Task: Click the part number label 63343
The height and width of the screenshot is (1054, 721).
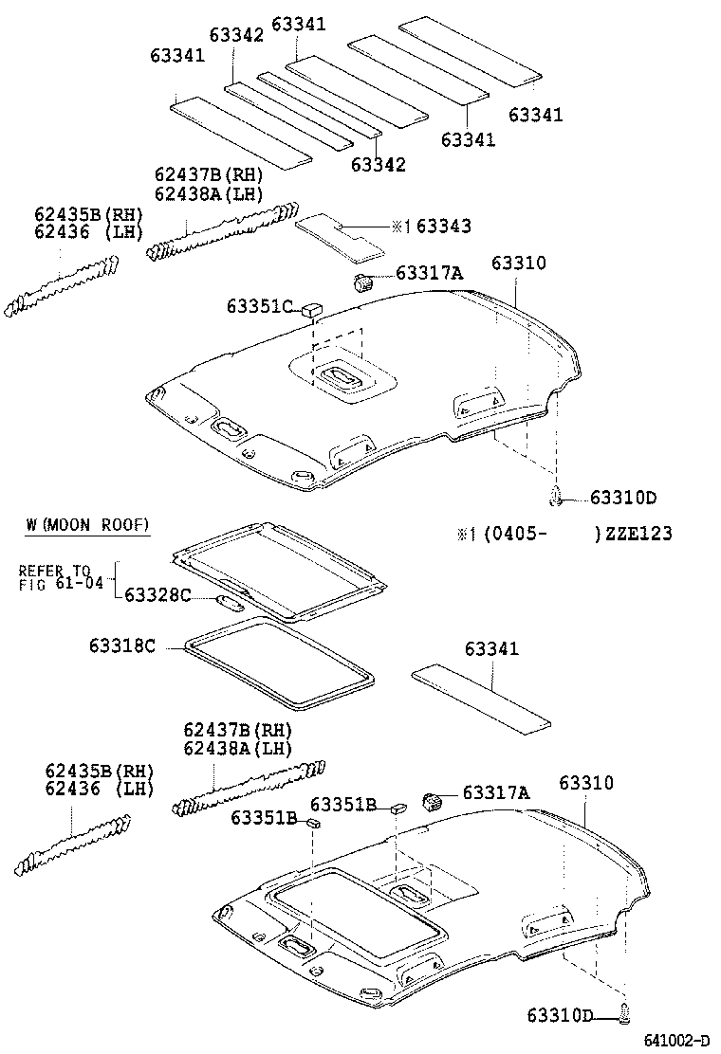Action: pos(443,227)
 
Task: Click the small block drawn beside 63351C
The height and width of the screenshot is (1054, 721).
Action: pos(312,309)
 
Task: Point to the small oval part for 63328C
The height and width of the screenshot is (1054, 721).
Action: pos(231,602)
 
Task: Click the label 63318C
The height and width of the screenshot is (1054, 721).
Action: pos(121,645)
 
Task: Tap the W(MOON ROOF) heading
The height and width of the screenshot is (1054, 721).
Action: pos(87,524)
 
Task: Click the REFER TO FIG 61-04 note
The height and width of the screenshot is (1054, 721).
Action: pos(54,577)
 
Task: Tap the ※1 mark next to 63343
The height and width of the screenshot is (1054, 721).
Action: pos(400,227)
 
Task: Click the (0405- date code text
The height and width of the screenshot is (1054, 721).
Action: pos(513,534)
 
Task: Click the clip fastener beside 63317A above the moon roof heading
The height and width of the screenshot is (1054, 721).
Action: pos(363,281)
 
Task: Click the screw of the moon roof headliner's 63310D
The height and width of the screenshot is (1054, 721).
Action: pos(624,1014)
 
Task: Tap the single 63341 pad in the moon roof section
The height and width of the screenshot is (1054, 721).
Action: pos(481,699)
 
